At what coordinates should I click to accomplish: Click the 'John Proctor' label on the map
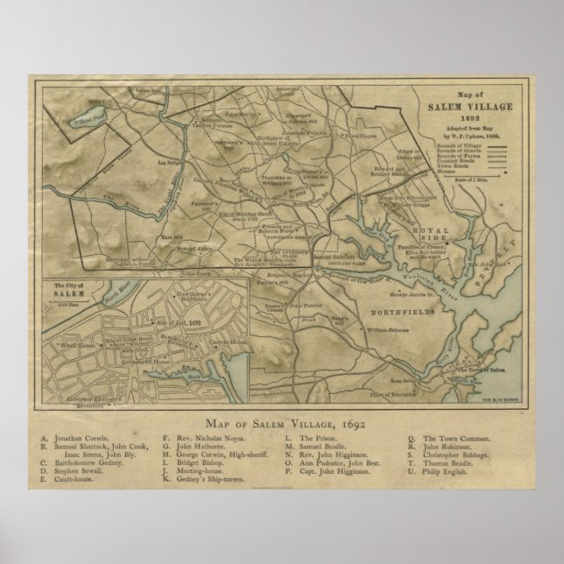[x=307, y=306]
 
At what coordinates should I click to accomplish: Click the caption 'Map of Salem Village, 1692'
[x=281, y=424]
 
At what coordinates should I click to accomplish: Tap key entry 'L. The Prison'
[x=306, y=439]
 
